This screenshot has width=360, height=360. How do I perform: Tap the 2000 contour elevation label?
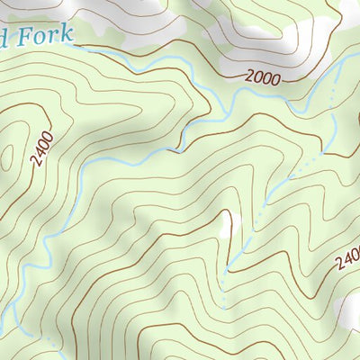point(261,77)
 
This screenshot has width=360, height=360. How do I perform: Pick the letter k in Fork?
point(65,37)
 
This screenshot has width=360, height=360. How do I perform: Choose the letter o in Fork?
point(40,38)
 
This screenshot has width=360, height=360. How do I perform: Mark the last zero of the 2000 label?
point(274,79)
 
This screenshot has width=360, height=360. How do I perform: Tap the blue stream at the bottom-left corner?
point(7,319)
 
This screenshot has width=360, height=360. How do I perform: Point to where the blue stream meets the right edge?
point(357,63)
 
